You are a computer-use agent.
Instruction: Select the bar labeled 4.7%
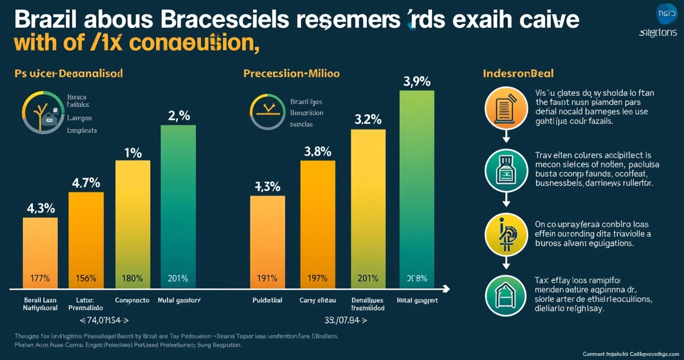point(86,239)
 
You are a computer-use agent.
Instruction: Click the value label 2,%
point(179,116)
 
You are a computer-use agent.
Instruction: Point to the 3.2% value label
point(368,119)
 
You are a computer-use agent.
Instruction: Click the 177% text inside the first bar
point(40,278)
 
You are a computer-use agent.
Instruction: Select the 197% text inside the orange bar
point(317,278)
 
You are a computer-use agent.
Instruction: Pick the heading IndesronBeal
point(518,74)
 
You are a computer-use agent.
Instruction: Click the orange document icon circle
point(506,108)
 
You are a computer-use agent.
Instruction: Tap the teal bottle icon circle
point(506,170)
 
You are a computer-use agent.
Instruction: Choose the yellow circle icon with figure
point(506,234)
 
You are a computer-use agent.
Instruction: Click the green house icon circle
point(506,295)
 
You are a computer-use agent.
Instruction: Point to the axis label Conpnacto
point(132,300)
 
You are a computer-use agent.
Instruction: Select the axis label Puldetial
point(267,300)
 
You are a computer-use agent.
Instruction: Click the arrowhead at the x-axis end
point(447,289)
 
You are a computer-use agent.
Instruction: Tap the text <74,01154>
point(104,321)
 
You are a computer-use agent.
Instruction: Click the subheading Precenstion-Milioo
point(291,74)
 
